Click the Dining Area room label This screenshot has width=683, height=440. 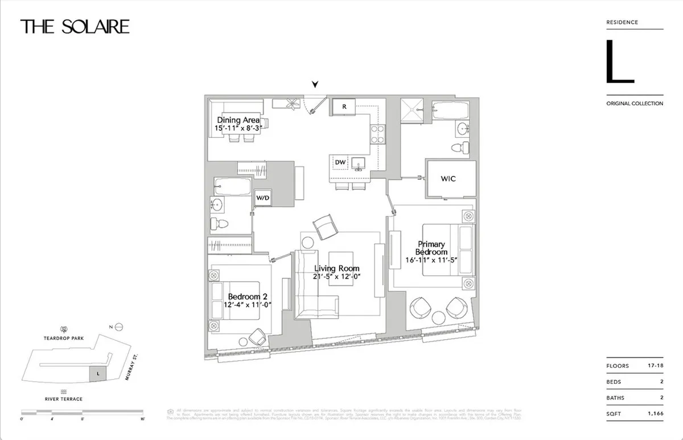pos(238,121)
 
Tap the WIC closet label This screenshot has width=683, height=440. pos(449,178)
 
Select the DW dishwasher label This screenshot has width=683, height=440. pos(340,163)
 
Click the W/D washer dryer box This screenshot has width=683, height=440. pos(262,198)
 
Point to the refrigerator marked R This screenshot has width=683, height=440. pos(344,106)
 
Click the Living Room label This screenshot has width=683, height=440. pos(337,269)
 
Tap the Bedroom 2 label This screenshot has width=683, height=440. pos(248,297)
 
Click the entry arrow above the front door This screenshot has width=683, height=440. pos(315,85)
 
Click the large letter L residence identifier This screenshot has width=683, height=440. pos(619,62)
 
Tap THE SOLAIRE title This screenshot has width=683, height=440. pos(75,26)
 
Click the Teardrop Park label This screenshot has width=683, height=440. pos(64,338)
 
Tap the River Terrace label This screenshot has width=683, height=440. pos(64,399)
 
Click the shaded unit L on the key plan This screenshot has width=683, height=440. pos(98,373)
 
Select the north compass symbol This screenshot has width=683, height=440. pos(118,327)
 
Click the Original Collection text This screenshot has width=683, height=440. pos(635,104)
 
